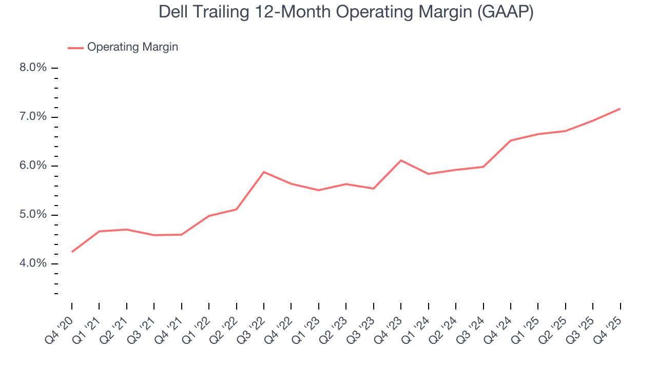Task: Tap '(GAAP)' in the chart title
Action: pos(505,12)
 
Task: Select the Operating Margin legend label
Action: pos(132,47)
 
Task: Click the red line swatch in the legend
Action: pos(75,48)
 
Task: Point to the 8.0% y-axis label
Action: pos(33,68)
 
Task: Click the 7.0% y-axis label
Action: pos(33,117)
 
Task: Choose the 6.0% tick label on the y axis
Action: pos(33,166)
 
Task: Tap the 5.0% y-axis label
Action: pos(33,215)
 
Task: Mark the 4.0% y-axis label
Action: pos(33,263)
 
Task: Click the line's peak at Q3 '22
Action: pos(264,172)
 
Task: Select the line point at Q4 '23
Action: pos(401,160)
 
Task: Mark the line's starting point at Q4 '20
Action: pos(72,252)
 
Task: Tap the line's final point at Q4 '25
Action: pos(620,109)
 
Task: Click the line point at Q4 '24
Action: pos(511,140)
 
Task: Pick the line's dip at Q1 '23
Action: pos(319,190)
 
